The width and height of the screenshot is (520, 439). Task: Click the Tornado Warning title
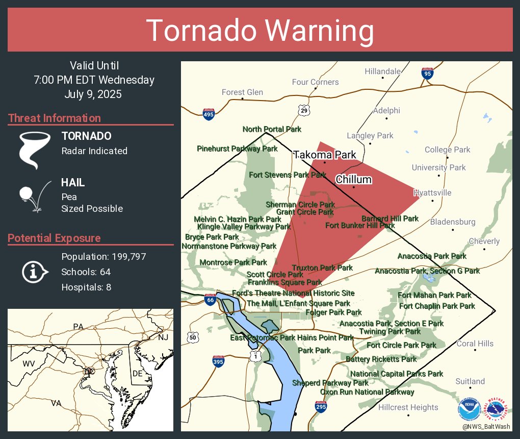260,31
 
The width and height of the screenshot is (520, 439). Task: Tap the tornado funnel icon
34,150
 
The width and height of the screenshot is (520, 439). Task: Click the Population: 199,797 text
103,256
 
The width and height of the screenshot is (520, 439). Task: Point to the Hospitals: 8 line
86,287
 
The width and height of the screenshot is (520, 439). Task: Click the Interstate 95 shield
427,73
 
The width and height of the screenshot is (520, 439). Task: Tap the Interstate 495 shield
209,114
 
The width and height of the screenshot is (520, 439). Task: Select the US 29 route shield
304,110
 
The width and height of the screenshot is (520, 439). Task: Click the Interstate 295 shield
320,407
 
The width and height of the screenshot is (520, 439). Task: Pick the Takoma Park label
324,155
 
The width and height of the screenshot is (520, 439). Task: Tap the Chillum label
353,180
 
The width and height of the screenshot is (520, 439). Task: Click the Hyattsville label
432,193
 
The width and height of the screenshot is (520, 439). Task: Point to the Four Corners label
315,82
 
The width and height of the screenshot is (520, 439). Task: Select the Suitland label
470,381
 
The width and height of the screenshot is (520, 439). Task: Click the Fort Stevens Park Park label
288,175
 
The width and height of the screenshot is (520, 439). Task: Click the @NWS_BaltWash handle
486,427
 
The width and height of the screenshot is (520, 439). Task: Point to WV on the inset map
28,364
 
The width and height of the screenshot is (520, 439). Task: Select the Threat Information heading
55,118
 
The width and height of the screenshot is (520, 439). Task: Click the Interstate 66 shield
209,299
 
